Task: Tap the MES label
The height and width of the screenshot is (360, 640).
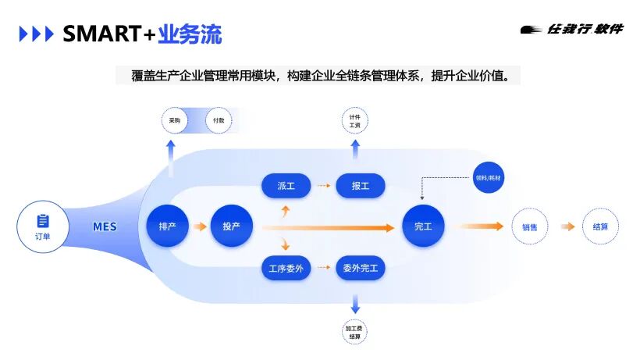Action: coord(105,227)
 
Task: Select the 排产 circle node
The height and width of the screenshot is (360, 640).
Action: coord(167,226)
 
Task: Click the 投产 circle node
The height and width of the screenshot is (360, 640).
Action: coord(232,226)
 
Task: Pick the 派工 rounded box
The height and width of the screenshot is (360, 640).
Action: coord(286,186)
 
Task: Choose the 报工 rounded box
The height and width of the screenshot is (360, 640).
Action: coord(360,186)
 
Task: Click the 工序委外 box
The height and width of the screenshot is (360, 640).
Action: coord(286,269)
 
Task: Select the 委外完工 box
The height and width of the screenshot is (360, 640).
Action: coord(360,269)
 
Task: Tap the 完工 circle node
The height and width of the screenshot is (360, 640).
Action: coord(423,226)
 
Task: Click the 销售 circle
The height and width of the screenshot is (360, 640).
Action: coord(529,227)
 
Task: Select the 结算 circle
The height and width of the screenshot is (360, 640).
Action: coord(600,227)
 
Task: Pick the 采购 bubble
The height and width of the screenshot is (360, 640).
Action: coord(175,121)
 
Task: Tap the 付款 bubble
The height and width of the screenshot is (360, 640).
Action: coord(219,121)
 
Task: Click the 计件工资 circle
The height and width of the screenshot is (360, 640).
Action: coord(355,122)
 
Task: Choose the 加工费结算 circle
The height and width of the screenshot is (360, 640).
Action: coord(355,332)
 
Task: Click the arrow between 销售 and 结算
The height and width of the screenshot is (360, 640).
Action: coord(567,227)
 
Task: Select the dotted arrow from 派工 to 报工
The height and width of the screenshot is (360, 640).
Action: coord(322,186)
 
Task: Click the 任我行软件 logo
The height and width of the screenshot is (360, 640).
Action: coord(572,30)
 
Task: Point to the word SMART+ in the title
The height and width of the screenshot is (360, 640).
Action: coord(109,34)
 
